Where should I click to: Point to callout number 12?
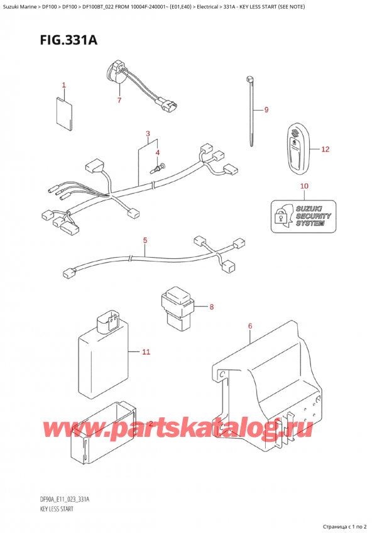tap(325, 150)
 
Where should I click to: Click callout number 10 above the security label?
tap(305, 186)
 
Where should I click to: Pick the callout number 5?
tap(145, 240)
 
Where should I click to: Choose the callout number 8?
tap(212, 307)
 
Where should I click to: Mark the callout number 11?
tap(146, 352)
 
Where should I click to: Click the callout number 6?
tap(250, 326)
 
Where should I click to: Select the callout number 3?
tap(148, 134)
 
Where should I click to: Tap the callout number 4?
tap(158, 153)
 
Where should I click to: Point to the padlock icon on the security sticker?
tap(280, 216)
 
